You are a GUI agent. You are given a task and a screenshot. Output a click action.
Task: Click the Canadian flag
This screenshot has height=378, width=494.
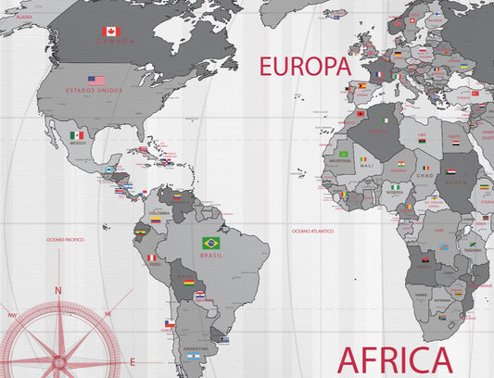tap(110, 31)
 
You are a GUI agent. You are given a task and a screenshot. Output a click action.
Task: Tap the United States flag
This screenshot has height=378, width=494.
tap(96, 81)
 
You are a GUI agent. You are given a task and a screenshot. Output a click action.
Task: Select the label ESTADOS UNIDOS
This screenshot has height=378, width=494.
tap(94, 90)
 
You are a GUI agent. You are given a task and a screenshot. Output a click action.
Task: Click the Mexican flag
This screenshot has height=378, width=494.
tap(77, 135)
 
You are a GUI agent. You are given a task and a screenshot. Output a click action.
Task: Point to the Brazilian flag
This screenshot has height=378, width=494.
tap(211, 243)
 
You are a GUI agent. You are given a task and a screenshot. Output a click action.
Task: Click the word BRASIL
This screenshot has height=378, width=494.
tap(211, 254)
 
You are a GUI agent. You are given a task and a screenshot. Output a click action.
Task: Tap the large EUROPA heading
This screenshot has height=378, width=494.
tap(305, 67)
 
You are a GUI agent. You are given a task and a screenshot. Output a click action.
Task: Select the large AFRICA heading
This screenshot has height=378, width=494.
tap(395, 360)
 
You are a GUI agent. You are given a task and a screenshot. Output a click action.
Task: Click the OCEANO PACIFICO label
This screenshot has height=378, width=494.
tap(66, 239)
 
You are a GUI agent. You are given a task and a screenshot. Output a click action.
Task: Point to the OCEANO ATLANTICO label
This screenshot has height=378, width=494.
tap(312, 230)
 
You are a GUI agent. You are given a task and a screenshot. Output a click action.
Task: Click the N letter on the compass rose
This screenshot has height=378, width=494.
tap(57, 290)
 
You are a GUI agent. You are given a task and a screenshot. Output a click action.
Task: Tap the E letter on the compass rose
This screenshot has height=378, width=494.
tap(133, 361)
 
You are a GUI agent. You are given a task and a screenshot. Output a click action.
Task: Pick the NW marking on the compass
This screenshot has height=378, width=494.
tap(12, 315)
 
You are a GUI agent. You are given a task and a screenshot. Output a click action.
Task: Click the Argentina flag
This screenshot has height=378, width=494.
tap(194, 356)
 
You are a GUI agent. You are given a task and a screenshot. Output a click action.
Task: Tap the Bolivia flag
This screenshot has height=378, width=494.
tap(188, 282)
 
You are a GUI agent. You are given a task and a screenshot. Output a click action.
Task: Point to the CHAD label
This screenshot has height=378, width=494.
tap(424, 175)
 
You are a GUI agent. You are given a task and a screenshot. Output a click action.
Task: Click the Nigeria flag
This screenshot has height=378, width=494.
tap(396, 186)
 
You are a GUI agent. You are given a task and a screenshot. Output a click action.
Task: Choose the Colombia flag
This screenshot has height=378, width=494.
tap(157, 220)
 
